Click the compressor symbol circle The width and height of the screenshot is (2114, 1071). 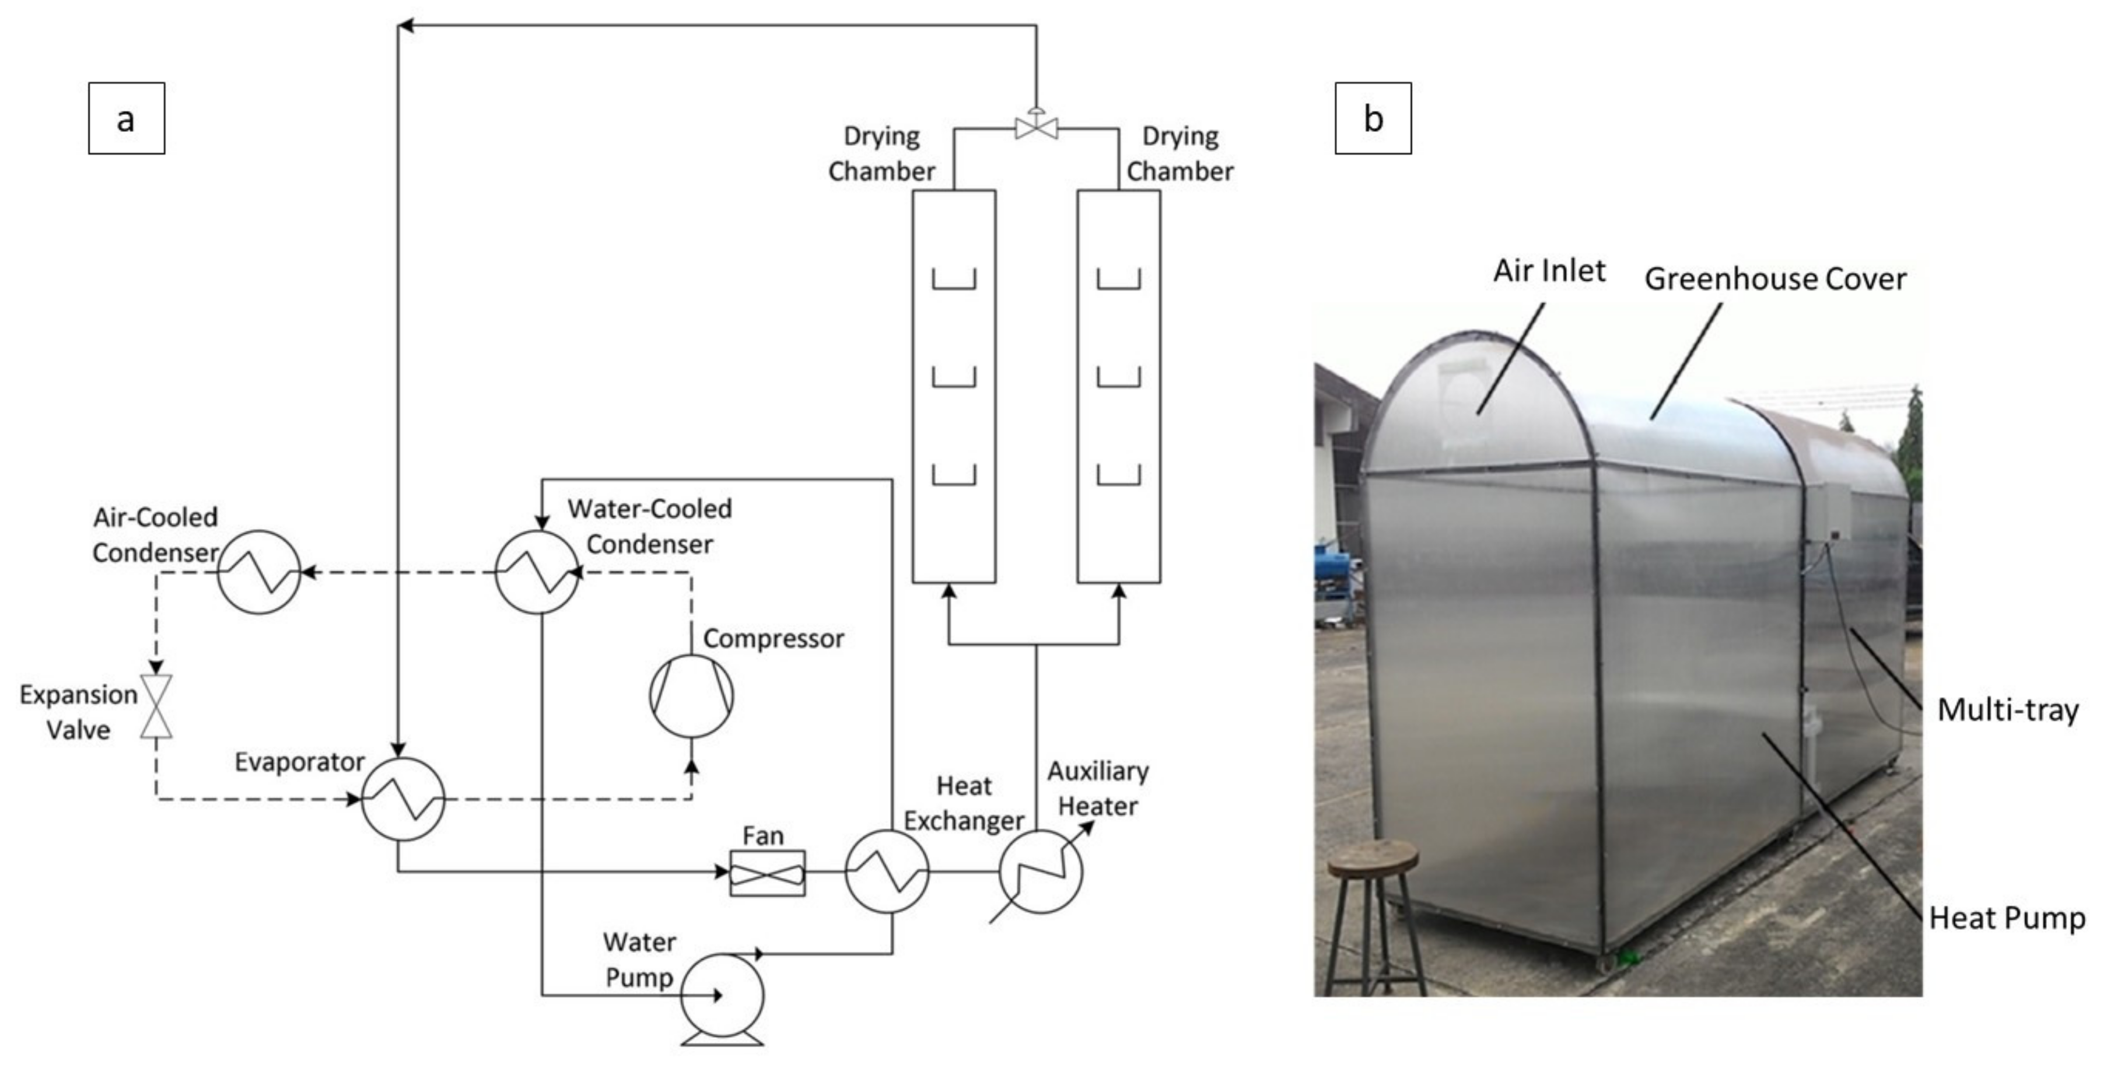tap(691, 695)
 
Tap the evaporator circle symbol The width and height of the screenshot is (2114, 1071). tap(403, 799)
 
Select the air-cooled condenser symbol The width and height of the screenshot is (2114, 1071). tap(258, 572)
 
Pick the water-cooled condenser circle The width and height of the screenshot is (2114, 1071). tap(537, 572)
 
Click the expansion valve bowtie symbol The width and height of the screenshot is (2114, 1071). tap(156, 706)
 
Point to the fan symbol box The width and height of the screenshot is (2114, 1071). tap(767, 873)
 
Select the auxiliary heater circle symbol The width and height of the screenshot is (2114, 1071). tap(1039, 871)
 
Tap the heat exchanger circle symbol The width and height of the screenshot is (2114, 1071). tap(887, 871)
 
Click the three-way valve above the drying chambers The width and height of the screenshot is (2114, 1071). tap(1035, 127)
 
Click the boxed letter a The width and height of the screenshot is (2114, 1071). tap(127, 118)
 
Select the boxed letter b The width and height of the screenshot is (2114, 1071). tap(1373, 118)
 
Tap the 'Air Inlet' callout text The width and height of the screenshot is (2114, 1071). tap(1549, 270)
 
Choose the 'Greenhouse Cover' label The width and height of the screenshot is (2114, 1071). tap(1775, 279)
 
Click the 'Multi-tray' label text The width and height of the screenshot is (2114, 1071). tap(2007, 709)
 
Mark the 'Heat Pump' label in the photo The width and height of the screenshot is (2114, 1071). tap(2007, 918)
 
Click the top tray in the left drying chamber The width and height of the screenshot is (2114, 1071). tap(954, 281)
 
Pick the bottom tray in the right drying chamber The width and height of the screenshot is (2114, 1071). tap(1119, 476)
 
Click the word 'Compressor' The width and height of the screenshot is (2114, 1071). tap(773, 639)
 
